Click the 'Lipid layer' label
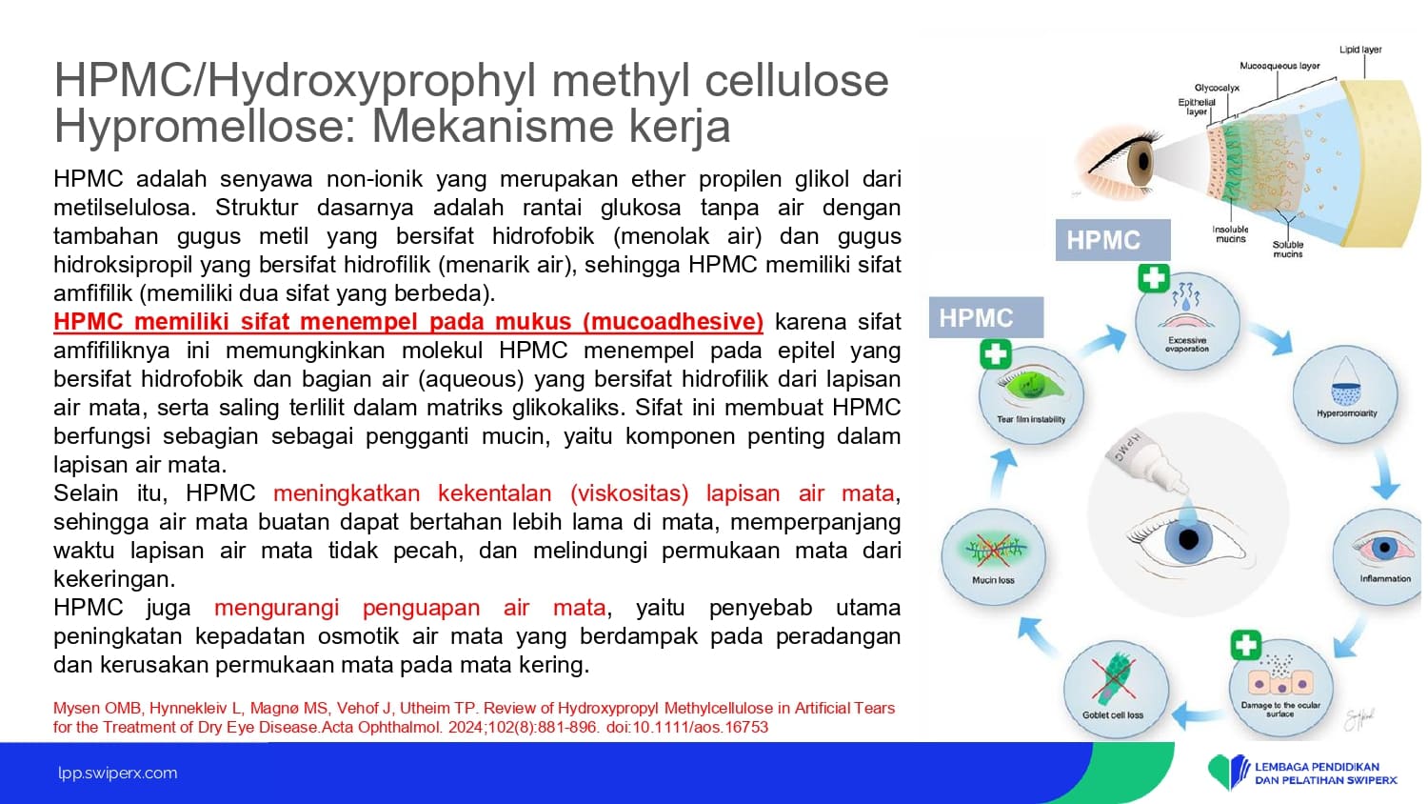coord(1360,50)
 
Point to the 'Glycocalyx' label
coord(1217,88)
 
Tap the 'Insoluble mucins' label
coord(1230,234)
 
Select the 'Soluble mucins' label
coord(1288,250)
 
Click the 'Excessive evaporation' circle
coord(1187,321)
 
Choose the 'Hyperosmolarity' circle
coord(1346,393)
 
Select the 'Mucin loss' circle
coord(993,557)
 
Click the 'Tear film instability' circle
coord(1031,395)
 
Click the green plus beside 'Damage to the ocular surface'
coord(1245,645)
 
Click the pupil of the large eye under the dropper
coord(1188,540)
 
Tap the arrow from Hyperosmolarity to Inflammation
coord(1384,474)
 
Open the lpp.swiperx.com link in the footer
coord(118,774)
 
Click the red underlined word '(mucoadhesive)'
coord(672,322)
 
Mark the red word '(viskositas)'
coord(629,493)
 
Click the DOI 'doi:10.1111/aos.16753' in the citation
coord(687,728)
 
